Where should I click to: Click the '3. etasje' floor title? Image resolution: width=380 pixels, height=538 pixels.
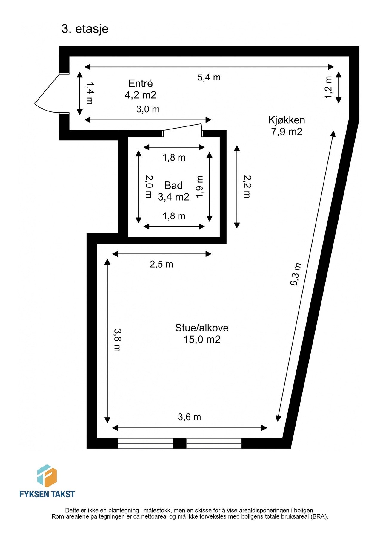(x=85, y=29)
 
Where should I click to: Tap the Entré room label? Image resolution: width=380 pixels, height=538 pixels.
(x=141, y=83)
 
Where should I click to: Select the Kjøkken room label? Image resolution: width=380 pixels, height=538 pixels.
(x=287, y=120)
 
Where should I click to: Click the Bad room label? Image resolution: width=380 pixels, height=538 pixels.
(x=173, y=185)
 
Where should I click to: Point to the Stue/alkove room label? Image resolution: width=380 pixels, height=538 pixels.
(x=202, y=328)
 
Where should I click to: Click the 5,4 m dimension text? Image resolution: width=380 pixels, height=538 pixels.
(x=209, y=77)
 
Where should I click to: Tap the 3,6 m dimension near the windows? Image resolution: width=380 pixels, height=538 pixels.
(x=189, y=417)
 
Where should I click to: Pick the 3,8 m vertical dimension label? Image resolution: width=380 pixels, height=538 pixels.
(x=117, y=340)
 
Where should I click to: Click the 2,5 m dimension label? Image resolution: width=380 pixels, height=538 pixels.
(x=161, y=264)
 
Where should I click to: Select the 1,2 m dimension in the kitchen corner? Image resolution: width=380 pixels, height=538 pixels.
(x=328, y=87)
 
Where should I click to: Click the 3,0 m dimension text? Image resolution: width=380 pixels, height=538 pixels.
(x=148, y=109)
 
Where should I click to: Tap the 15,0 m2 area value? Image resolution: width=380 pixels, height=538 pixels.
(x=202, y=340)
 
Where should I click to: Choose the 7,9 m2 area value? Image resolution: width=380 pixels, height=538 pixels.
(x=287, y=132)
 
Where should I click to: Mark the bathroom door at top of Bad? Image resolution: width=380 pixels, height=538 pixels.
(x=182, y=128)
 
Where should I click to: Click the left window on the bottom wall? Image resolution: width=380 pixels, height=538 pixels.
(x=145, y=443)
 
